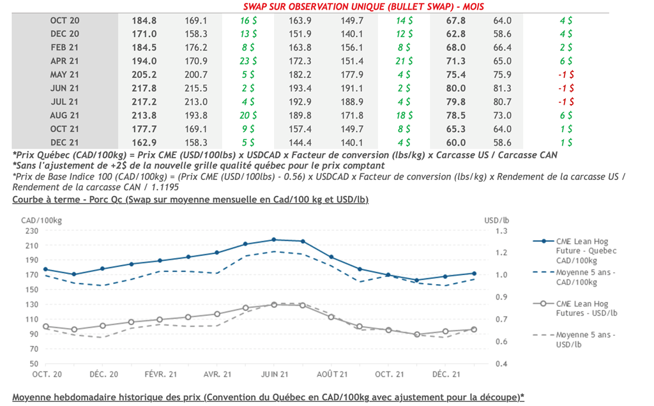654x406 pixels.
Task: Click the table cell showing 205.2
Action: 144,74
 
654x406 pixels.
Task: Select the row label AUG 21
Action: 65,115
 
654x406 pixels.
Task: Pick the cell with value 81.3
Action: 503,88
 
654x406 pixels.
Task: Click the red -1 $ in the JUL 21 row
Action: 566,101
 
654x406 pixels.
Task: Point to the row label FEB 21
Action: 65,47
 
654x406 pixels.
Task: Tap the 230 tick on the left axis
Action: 31,231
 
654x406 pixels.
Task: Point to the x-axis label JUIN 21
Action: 273,374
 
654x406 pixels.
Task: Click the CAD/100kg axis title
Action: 38,220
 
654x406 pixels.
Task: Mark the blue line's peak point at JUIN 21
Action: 273,239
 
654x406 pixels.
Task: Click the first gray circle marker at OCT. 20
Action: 45,326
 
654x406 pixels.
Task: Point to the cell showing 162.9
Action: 144,142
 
